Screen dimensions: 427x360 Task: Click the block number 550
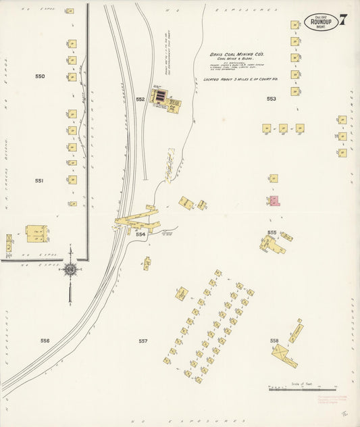coord(40,76)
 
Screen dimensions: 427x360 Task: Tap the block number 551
coord(39,181)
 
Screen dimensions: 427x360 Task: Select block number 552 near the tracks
coord(140,99)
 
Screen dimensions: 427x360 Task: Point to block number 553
coord(272,99)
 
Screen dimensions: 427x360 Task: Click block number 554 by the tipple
coord(140,234)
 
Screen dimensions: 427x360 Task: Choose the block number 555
coord(272,232)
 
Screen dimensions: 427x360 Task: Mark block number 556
coord(45,341)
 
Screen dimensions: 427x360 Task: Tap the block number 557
coord(143,341)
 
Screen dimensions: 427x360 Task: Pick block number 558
coord(274,340)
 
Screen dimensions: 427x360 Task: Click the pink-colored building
coord(274,201)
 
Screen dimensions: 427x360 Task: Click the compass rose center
coord(70,269)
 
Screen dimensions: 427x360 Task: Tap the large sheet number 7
coord(343,20)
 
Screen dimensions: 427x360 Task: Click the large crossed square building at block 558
coord(284,355)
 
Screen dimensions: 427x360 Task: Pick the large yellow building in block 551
coord(36,233)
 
